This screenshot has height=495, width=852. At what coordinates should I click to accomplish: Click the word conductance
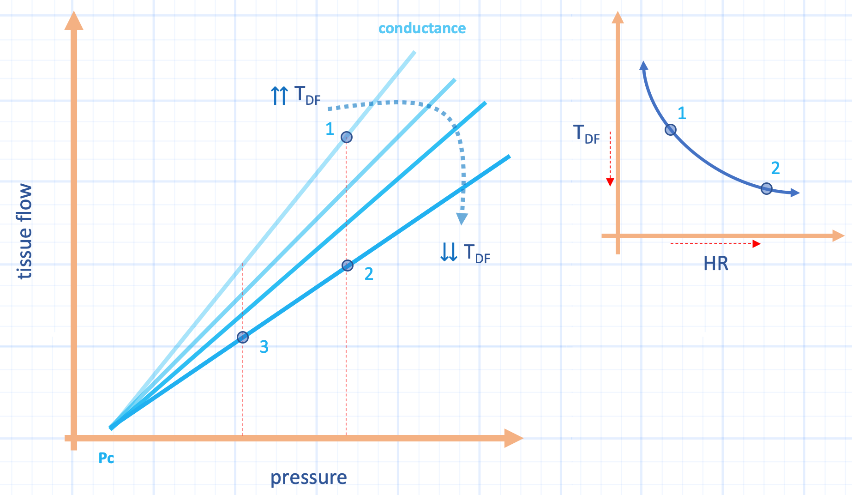pyautogui.click(x=422, y=29)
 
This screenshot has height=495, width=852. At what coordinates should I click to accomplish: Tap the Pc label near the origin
pyautogui.click(x=106, y=458)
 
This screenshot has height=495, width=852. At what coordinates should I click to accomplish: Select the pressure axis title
pyautogui.click(x=308, y=478)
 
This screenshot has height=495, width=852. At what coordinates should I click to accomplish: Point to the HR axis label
pyautogui.click(x=715, y=264)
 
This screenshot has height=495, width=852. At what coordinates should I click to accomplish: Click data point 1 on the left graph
pyautogui.click(x=346, y=137)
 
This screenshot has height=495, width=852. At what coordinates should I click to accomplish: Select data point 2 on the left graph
pyautogui.click(x=347, y=266)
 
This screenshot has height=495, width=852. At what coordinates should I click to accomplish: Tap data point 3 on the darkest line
pyautogui.click(x=243, y=338)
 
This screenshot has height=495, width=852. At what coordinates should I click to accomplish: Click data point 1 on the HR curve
pyautogui.click(x=671, y=130)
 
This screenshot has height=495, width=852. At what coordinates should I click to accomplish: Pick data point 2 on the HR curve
pyautogui.click(x=766, y=188)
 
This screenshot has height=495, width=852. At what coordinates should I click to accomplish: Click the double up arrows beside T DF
pyautogui.click(x=279, y=96)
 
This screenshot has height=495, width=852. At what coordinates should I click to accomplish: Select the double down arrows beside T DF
pyautogui.click(x=449, y=252)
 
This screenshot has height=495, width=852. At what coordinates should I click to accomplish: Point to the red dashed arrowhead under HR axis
pyautogui.click(x=756, y=244)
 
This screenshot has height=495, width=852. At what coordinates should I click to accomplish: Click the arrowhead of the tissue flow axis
pyautogui.click(x=74, y=21)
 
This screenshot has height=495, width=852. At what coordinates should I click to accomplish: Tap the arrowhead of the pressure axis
pyautogui.click(x=513, y=438)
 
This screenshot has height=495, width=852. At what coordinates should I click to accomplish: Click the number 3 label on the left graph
pyautogui.click(x=264, y=347)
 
